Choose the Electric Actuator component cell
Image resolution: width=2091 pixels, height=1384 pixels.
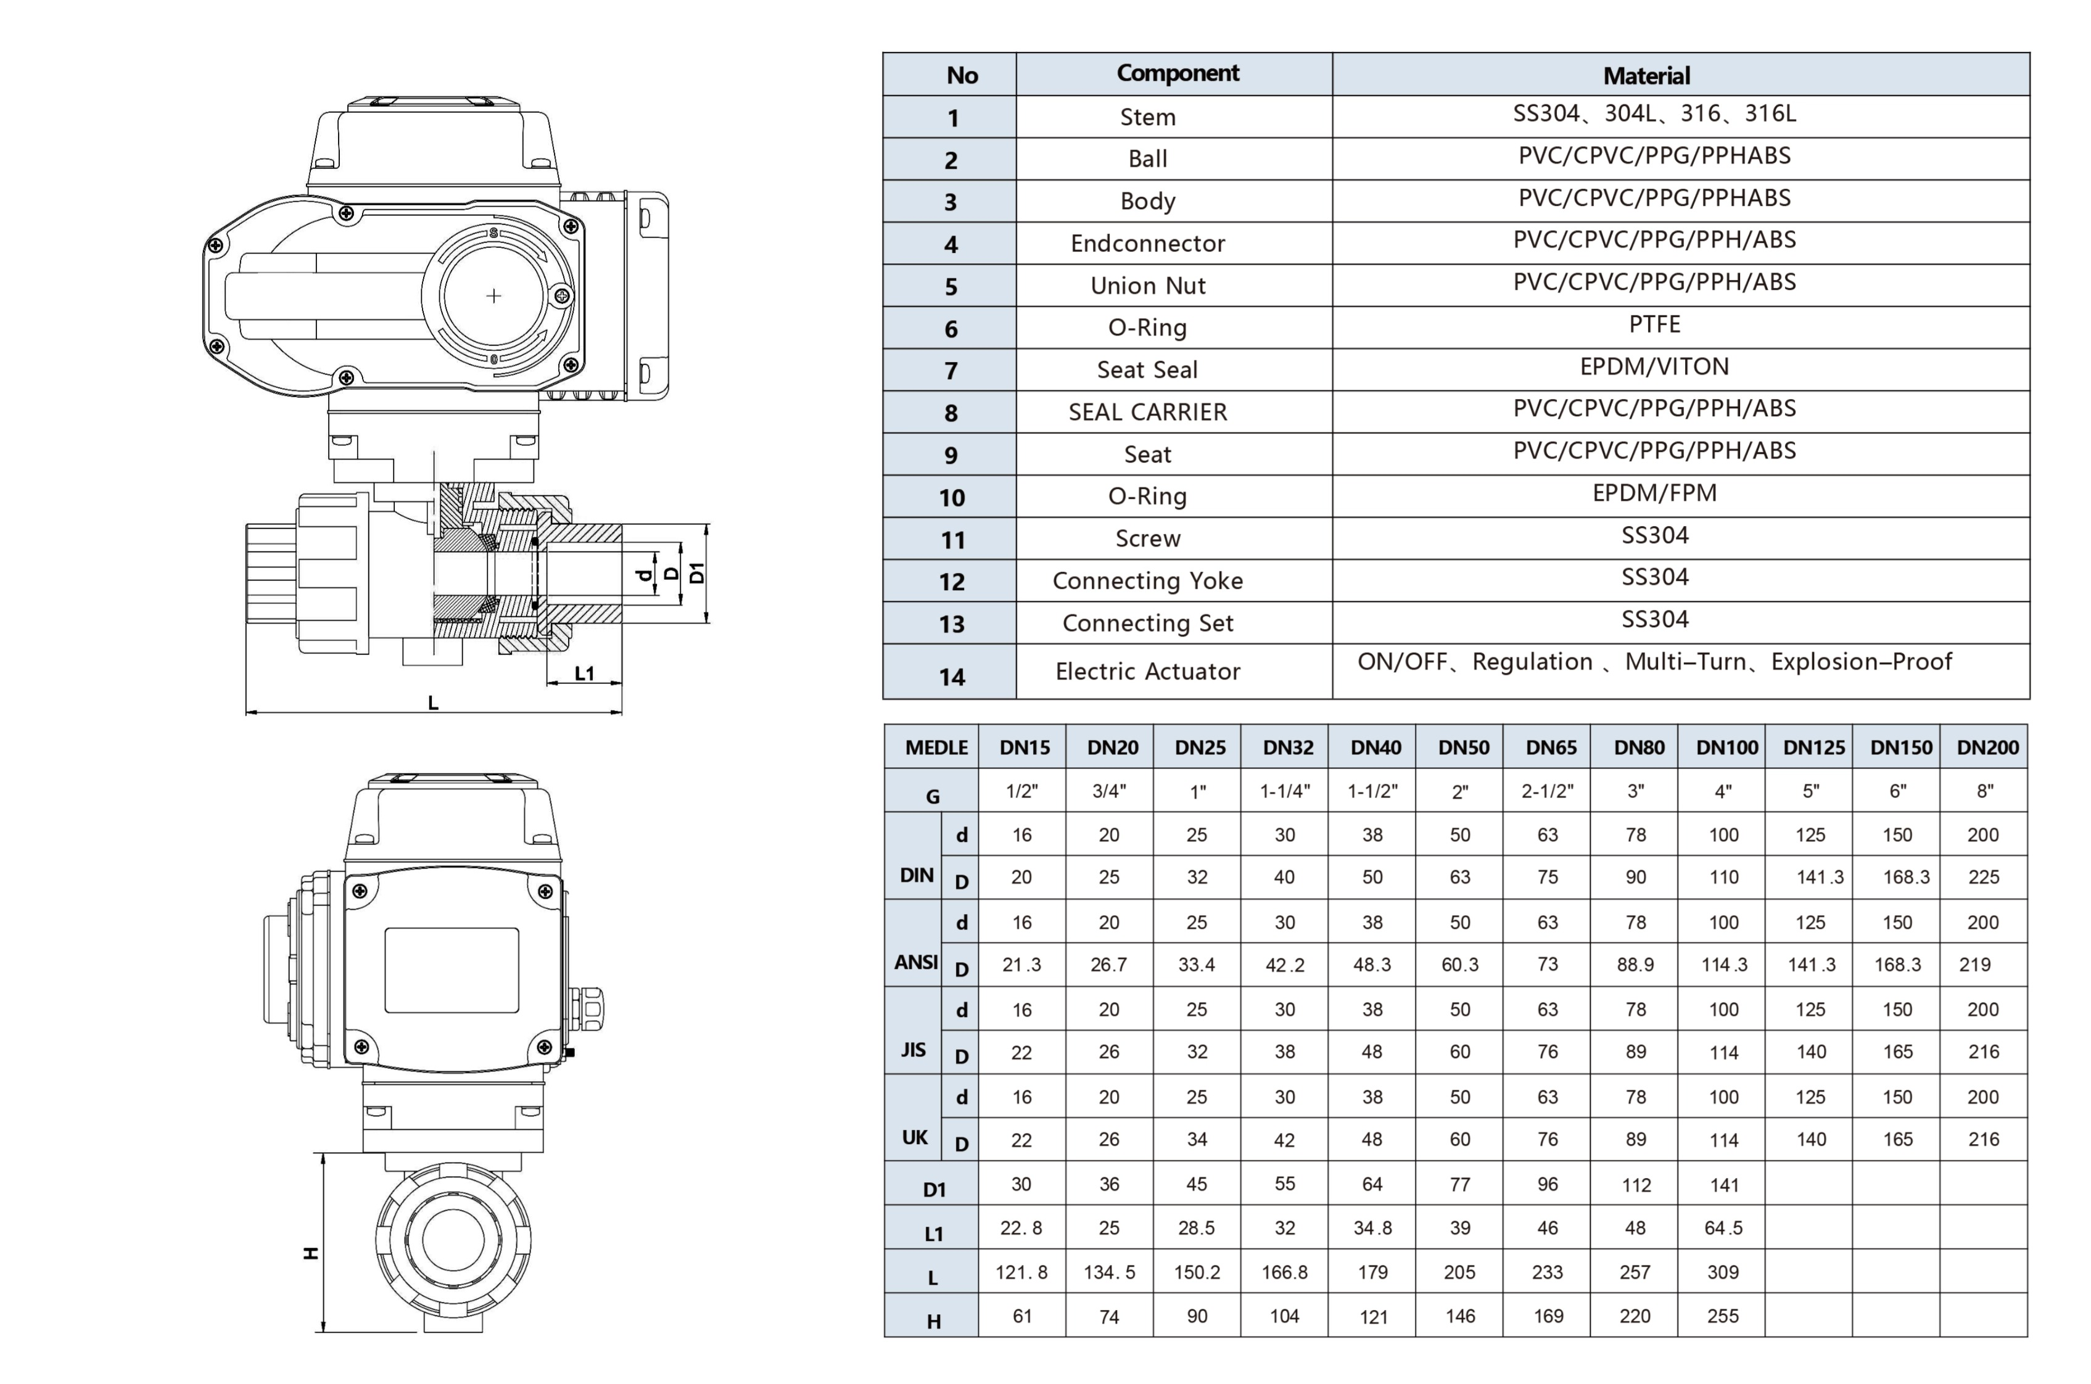(1147, 672)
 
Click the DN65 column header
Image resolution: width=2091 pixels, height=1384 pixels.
(1550, 748)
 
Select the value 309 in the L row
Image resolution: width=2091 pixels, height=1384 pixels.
(1722, 1272)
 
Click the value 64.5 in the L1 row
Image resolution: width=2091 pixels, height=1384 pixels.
(1722, 1228)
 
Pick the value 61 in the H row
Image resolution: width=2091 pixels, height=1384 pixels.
(1021, 1316)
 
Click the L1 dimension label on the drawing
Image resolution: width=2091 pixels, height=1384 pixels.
(584, 673)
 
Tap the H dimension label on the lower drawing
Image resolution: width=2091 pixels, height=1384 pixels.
(311, 1253)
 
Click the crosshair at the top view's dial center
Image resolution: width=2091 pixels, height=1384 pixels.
(493, 295)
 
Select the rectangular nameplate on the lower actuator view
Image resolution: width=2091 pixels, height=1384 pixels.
(451, 970)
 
